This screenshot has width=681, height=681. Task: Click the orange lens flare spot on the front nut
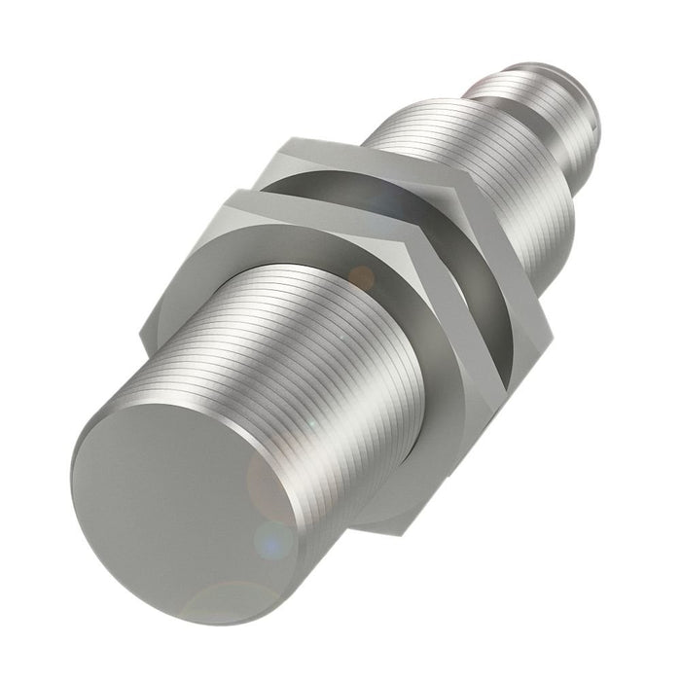[x=362, y=279]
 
